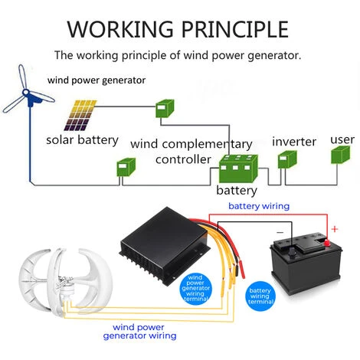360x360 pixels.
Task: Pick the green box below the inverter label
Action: pyautogui.click(x=287, y=159)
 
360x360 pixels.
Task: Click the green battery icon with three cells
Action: pyautogui.click(x=236, y=168)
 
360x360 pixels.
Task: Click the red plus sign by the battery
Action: pyautogui.click(x=333, y=228)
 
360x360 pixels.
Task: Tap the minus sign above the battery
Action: pyautogui.click(x=280, y=230)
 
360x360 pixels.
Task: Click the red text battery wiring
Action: pyautogui.click(x=259, y=206)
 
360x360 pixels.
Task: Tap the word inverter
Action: pyautogui.click(x=294, y=142)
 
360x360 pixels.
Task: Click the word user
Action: pyautogui.click(x=342, y=140)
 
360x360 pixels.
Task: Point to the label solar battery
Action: pyautogui.click(x=82, y=140)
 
